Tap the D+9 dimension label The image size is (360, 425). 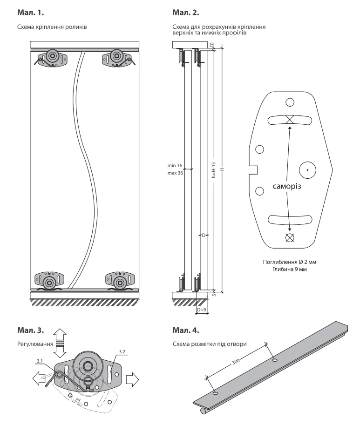[202, 309]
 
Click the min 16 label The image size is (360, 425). [175, 165]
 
